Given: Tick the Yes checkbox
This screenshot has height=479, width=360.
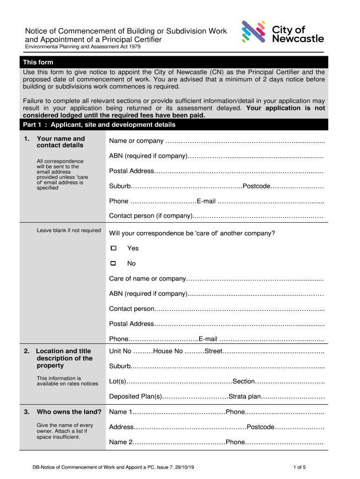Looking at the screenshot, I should click(113, 248).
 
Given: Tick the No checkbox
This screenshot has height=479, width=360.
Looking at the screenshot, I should click(113, 264).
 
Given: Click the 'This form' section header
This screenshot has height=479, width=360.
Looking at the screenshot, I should click(38, 62).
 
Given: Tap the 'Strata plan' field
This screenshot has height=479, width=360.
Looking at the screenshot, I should click(293, 397).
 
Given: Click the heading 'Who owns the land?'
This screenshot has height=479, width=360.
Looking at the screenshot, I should click(69, 412).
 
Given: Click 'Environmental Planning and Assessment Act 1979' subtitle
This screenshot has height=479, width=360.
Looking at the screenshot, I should click(82, 47).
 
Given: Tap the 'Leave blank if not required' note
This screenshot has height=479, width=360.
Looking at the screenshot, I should click(69, 231).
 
